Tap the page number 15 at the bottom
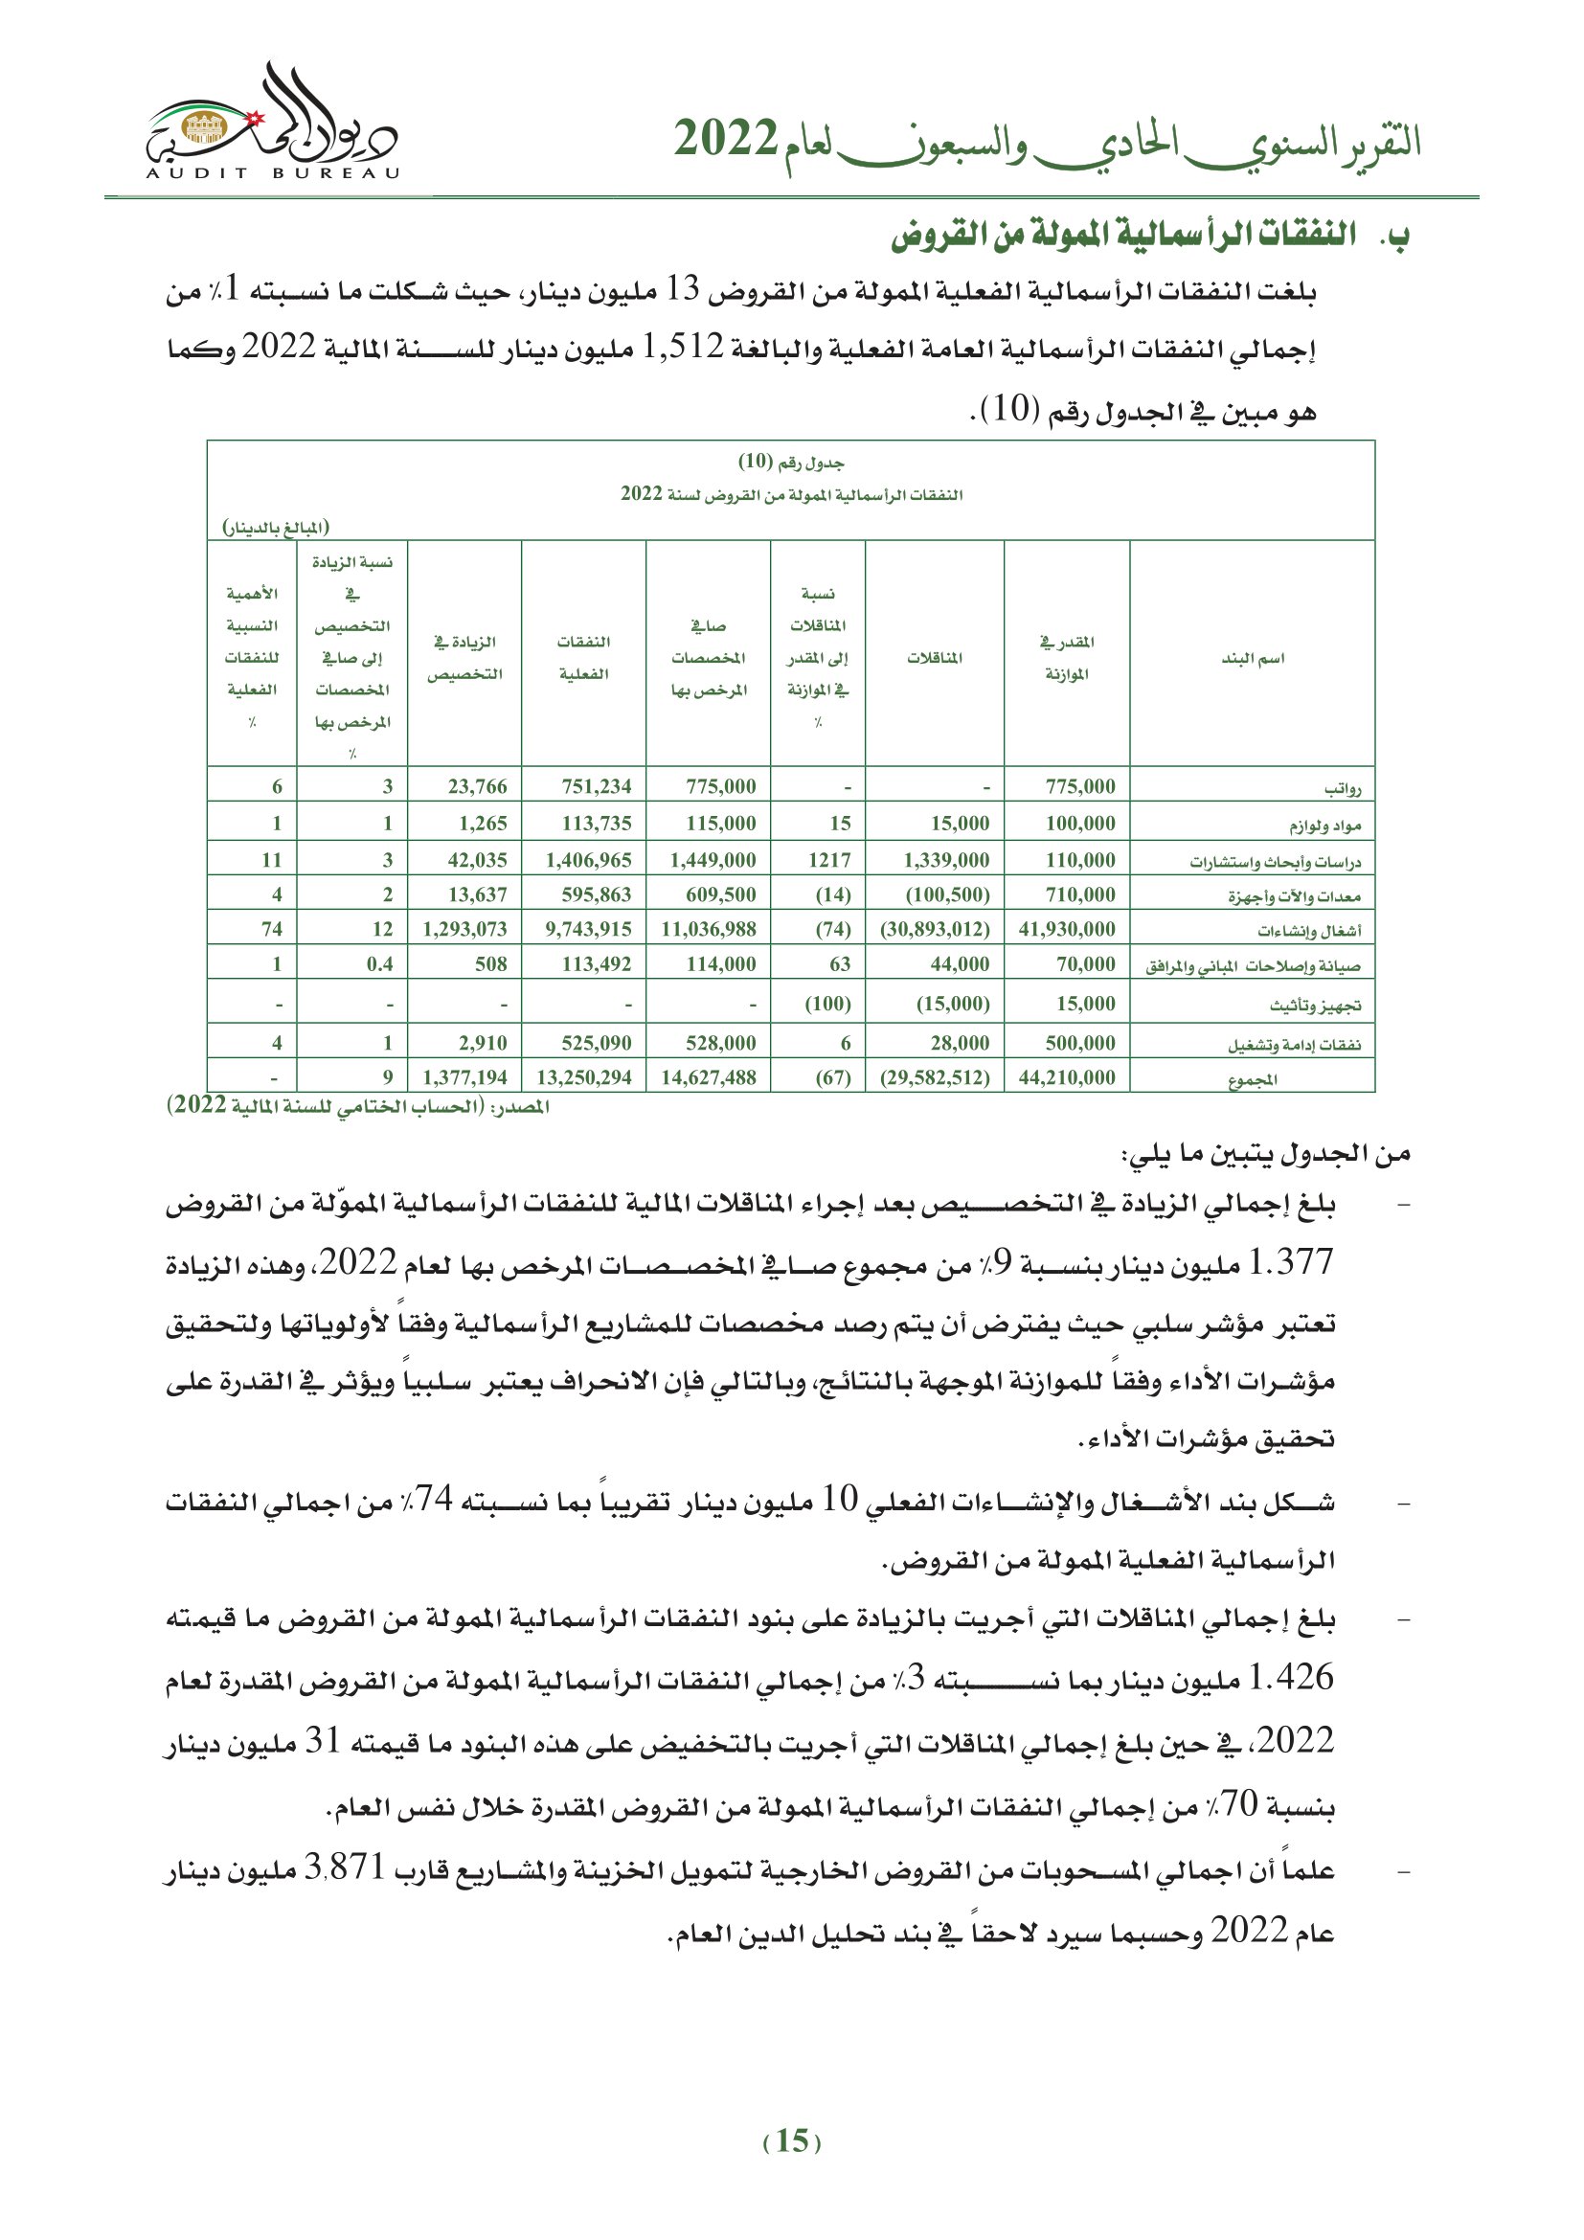click(792, 2140)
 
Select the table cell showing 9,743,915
click(588, 930)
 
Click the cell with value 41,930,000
click(1066, 930)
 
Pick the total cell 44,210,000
click(1066, 1078)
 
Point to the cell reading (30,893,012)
click(935, 930)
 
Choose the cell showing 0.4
click(379, 965)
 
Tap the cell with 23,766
click(477, 787)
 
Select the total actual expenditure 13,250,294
click(583, 1078)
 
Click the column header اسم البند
click(1253, 659)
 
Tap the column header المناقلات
click(935, 659)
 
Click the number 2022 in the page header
click(726, 140)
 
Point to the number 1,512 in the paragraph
click(683, 347)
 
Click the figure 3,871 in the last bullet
click(345, 1867)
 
